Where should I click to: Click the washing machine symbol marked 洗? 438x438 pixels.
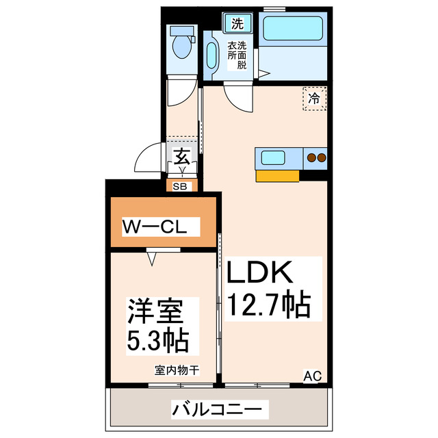pos(237,23)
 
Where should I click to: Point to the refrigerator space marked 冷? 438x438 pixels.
pos(314,98)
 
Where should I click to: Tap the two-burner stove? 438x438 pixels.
pos(316,158)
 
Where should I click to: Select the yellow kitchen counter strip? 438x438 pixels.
pos(277,176)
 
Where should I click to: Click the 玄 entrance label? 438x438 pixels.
pos(181,156)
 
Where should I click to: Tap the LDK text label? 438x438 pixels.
pos(259,274)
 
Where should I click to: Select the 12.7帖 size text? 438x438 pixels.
pos(269,303)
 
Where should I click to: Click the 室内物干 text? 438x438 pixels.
pos(177,371)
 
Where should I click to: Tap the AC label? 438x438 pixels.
pos(312,375)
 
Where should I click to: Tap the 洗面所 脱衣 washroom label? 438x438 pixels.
pos(237,55)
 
